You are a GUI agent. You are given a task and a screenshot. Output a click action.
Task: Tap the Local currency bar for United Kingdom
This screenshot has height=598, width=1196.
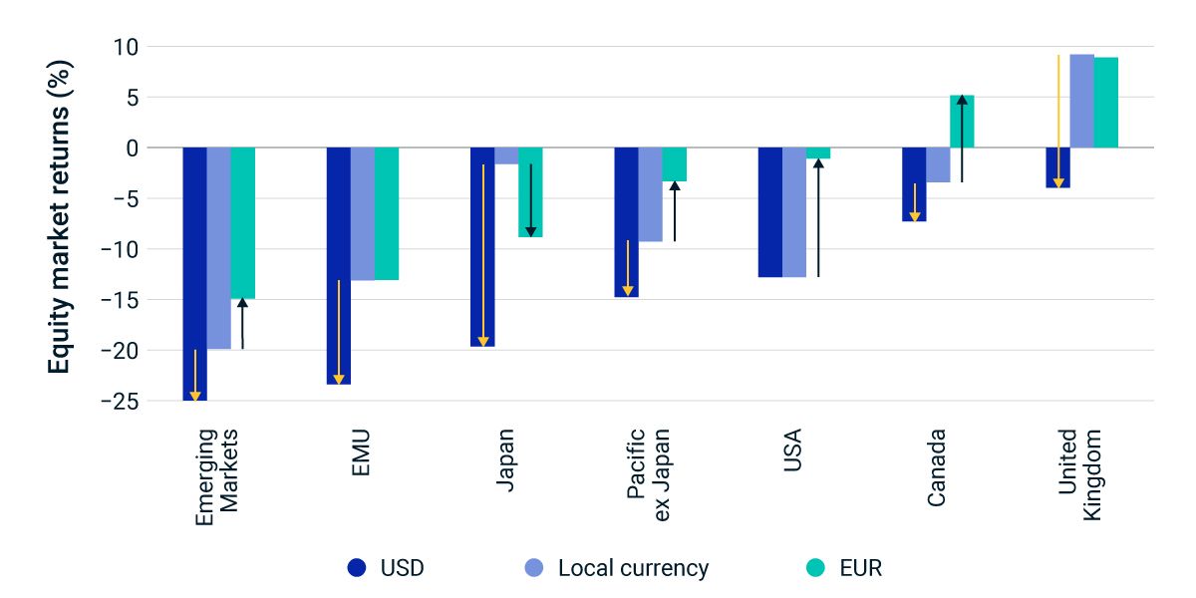coord(1081,101)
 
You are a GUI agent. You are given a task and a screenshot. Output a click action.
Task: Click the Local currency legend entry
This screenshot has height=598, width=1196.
coord(633,568)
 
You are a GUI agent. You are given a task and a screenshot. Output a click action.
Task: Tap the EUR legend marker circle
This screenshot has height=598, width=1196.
coord(814,568)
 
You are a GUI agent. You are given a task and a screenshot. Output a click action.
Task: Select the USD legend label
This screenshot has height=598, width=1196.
coord(402,568)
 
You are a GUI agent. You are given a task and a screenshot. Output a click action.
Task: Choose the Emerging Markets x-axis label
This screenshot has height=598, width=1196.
coord(217,475)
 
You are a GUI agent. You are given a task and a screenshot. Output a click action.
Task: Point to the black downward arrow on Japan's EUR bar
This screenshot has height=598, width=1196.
coord(530,200)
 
